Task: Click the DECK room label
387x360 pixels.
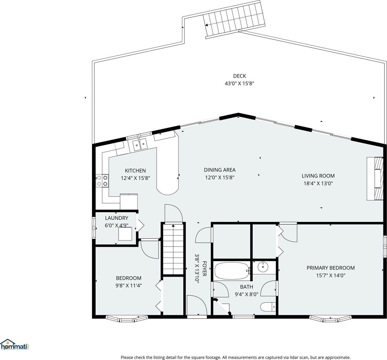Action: click(x=240, y=76)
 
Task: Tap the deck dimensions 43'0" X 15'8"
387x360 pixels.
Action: click(x=240, y=83)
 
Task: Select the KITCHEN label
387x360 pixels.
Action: click(x=135, y=171)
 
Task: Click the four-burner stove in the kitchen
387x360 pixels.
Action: click(x=102, y=181)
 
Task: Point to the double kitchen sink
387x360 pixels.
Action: click(x=140, y=144)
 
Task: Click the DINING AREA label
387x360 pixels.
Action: click(x=219, y=170)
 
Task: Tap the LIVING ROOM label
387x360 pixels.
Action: click(x=318, y=176)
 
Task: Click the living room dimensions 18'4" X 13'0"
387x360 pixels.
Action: click(x=318, y=183)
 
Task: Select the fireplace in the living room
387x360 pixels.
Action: click(x=375, y=178)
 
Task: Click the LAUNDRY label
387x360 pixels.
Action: click(x=116, y=218)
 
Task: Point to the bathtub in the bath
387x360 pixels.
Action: click(x=232, y=271)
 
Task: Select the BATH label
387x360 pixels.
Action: click(x=246, y=287)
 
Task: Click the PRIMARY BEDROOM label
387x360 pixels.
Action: click(x=331, y=268)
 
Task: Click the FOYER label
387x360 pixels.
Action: click(x=204, y=268)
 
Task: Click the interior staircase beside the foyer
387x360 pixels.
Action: click(x=173, y=249)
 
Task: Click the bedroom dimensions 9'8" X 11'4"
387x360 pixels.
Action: click(x=128, y=286)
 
